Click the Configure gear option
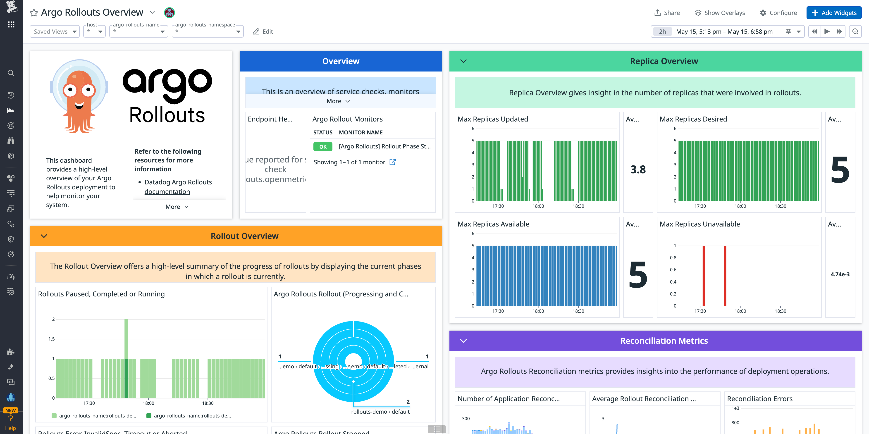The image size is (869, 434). click(x=778, y=13)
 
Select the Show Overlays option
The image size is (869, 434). click(x=720, y=13)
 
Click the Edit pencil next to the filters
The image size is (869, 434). click(x=263, y=31)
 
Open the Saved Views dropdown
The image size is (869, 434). click(x=55, y=31)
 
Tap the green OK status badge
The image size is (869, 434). click(x=322, y=147)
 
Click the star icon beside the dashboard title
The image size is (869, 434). click(x=34, y=13)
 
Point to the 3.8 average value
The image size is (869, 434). click(x=637, y=169)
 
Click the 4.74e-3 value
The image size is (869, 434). click(x=840, y=274)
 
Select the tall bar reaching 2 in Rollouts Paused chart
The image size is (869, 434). click(x=126, y=337)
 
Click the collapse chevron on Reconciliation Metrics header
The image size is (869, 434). click(x=463, y=341)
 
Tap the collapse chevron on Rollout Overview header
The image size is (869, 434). click(x=44, y=236)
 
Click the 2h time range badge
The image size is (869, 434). click(x=662, y=31)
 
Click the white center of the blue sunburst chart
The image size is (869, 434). click(x=353, y=360)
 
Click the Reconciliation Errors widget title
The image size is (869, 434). click(x=759, y=399)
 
